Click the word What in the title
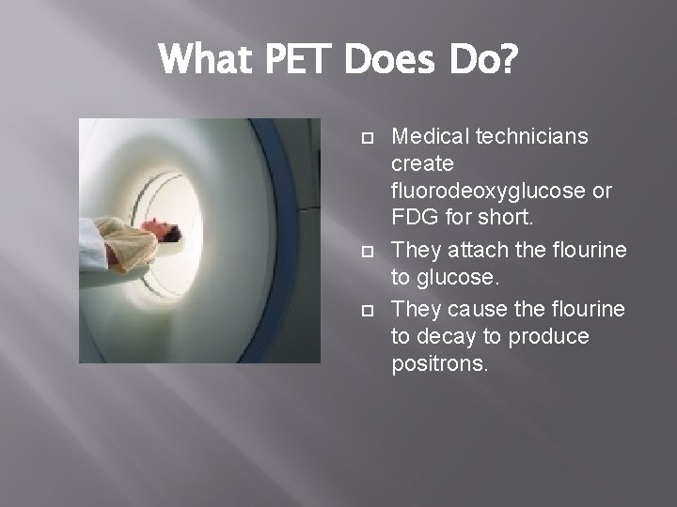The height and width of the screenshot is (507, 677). click(205, 61)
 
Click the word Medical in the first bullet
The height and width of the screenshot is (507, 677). click(430, 137)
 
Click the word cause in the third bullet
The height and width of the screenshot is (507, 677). click(474, 309)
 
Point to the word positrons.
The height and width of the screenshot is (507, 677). click(439, 364)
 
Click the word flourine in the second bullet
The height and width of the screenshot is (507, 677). click(582, 251)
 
